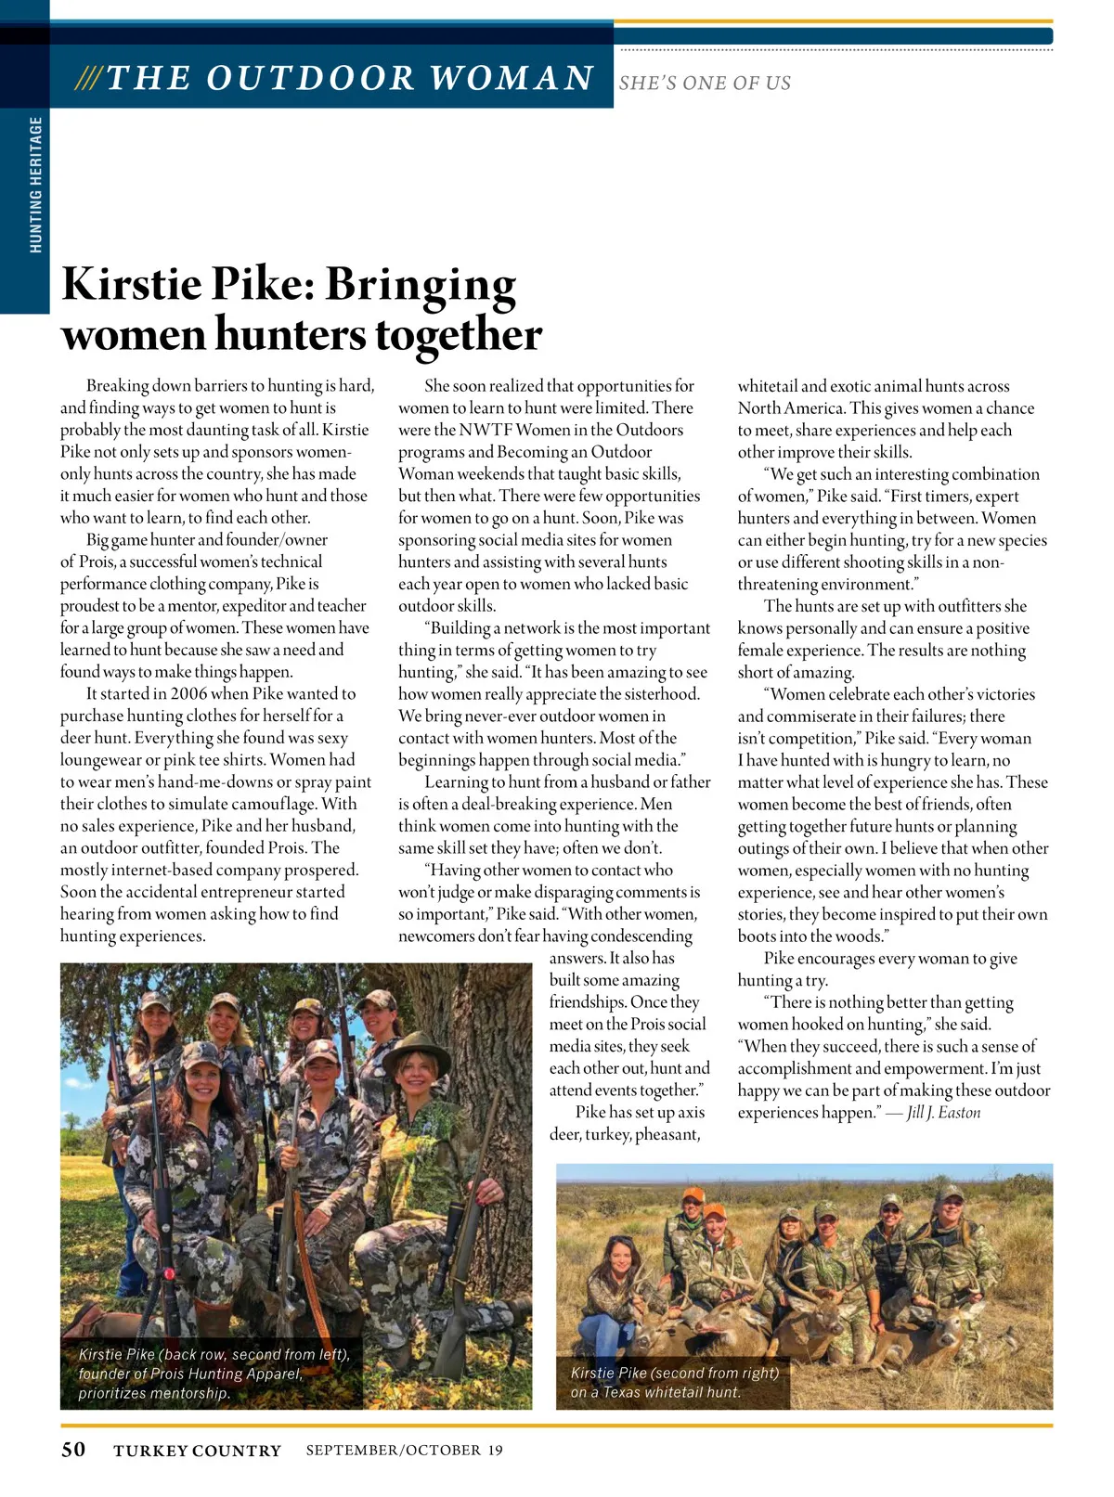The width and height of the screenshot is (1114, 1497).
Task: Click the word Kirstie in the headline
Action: [131, 283]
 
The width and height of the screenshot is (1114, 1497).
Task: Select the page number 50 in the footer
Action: [73, 1450]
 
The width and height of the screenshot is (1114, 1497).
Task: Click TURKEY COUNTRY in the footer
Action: [197, 1451]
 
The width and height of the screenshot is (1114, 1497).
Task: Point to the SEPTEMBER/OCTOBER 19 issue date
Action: [404, 1450]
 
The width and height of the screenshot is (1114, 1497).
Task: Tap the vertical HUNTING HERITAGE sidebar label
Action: [36, 184]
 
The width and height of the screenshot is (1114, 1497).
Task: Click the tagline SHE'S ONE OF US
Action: [705, 83]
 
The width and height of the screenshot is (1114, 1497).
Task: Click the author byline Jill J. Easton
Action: [943, 1113]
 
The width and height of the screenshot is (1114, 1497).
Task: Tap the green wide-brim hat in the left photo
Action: [417, 1050]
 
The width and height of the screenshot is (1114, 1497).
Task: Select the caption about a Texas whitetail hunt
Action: [674, 1382]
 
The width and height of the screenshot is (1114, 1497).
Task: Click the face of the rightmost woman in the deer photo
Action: [951, 1207]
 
